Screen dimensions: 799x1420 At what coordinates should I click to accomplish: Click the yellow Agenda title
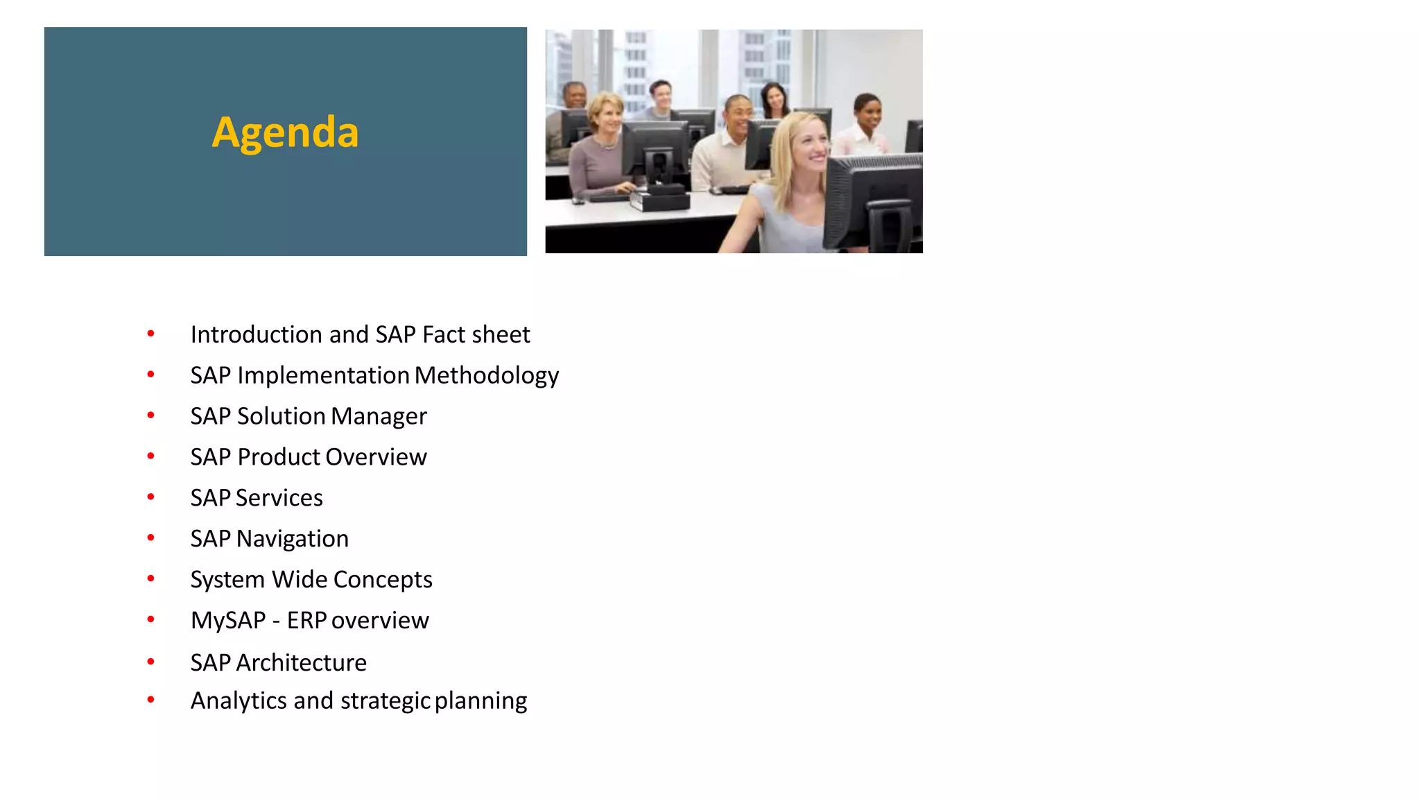coord(285,132)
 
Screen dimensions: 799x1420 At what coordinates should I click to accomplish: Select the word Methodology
coord(487,375)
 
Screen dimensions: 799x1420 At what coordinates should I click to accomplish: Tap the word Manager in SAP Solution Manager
coord(379,416)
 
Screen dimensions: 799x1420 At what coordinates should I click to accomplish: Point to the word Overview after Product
coord(376,457)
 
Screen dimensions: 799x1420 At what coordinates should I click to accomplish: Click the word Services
coord(279,498)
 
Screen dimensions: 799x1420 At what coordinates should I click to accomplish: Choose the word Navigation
coord(292,539)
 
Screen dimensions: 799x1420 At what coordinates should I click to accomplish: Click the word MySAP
coord(228,620)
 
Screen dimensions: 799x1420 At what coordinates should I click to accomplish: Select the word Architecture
coord(301,662)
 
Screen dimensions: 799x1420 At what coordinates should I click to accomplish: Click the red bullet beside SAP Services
coord(150,497)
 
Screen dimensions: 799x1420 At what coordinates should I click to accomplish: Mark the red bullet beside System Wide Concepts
coord(150,578)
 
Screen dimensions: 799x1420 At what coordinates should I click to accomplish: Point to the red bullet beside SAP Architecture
coord(150,662)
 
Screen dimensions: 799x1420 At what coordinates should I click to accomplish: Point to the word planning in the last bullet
coord(480,701)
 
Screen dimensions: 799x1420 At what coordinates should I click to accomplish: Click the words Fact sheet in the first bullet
coord(476,334)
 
